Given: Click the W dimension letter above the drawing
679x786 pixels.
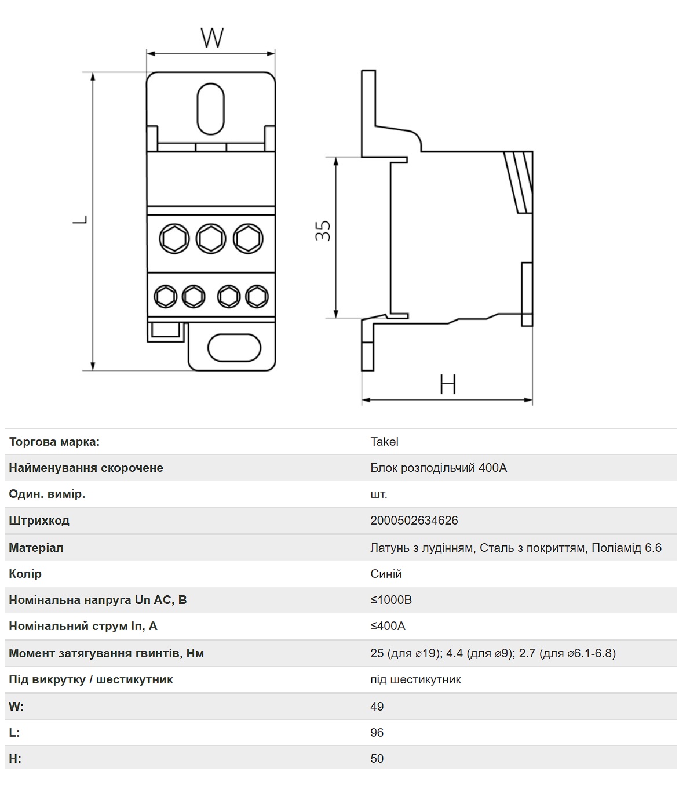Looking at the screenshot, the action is tap(212, 38).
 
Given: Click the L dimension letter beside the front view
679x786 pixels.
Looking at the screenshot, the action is tap(80, 220).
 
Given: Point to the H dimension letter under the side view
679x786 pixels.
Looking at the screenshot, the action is tap(447, 384).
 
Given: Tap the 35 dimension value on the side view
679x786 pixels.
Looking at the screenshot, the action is tap(323, 231).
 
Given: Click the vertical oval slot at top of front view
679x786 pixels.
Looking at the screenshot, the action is tap(211, 109).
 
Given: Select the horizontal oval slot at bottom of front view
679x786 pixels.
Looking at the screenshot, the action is tap(234, 348).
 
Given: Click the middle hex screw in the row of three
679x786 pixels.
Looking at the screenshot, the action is tap(211, 239).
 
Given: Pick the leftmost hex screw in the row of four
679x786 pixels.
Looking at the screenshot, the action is tap(165, 297).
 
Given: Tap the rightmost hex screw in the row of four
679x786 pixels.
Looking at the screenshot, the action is tap(257, 297).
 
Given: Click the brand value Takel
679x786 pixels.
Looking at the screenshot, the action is tap(384, 442).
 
